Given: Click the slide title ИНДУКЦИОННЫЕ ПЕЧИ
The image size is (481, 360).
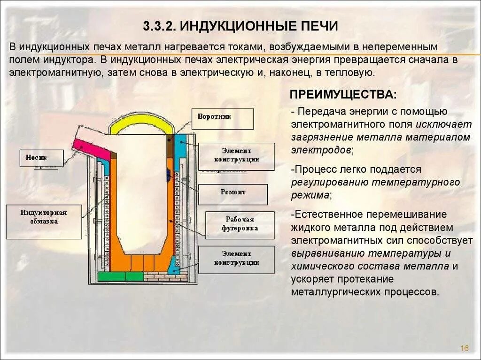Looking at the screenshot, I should tap(259, 26).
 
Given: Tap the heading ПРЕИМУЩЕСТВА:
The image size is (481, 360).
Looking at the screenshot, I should tap(343, 94).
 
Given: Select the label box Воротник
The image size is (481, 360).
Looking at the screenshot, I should tap(222, 118).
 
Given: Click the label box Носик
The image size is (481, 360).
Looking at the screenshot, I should tap(41, 158).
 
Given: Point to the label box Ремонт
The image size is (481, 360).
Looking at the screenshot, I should tap(233, 194).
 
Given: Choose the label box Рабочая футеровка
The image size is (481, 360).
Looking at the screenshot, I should tap(240, 225).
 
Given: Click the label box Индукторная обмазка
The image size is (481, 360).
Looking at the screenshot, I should tap(44, 221).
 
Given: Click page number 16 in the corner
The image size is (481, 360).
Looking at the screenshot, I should tap(464, 348).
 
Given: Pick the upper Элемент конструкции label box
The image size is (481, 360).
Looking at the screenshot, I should tap(236, 156).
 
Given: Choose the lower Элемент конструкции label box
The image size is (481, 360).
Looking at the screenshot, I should tap(236, 259).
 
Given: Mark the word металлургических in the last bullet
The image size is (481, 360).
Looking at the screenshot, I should tap(330, 291).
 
